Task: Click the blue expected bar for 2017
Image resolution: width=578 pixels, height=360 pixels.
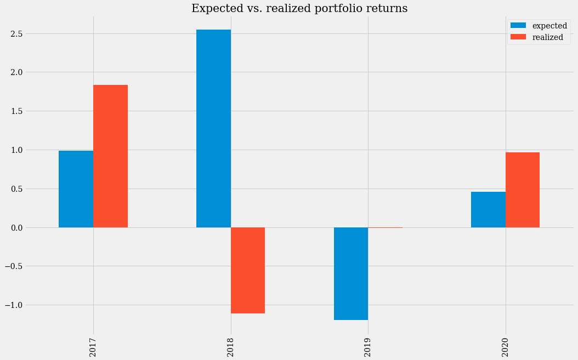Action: coord(76,189)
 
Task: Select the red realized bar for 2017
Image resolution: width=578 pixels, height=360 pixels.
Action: coord(110,156)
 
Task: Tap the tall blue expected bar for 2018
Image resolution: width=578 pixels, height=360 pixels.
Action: coord(213,129)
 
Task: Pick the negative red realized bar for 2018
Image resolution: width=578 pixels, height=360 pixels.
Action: coord(248,270)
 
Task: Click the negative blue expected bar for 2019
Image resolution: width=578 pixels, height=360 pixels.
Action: coord(351,273)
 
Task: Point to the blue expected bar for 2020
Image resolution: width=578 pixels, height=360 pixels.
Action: coord(488,209)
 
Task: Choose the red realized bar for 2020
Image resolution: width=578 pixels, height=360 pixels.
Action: coord(523,190)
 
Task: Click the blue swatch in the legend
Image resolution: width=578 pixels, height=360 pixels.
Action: coord(518,26)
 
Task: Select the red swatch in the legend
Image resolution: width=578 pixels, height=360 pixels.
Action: coord(518,37)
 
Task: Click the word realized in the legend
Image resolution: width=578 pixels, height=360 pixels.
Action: coord(548,37)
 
